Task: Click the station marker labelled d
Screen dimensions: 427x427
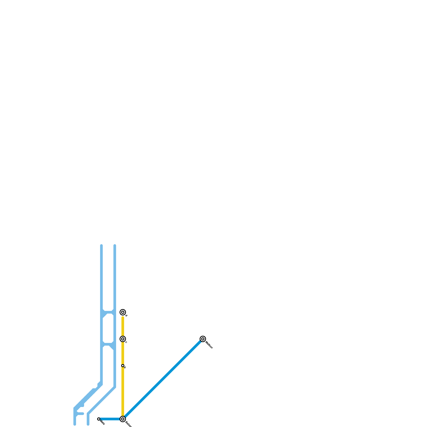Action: click(x=123, y=312)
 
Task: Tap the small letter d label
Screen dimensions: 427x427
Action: click(x=126, y=316)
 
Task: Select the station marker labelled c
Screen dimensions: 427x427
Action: click(x=123, y=339)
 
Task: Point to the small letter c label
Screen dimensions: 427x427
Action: click(x=126, y=342)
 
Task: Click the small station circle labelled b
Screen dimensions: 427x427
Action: click(x=123, y=366)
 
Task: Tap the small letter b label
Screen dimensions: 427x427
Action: click(x=125, y=368)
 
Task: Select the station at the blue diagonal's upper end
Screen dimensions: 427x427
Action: click(x=203, y=339)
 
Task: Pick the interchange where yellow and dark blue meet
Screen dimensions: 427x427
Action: click(x=123, y=419)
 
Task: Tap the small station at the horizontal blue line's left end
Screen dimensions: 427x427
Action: click(x=99, y=419)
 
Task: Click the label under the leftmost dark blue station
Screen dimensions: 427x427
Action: click(x=102, y=423)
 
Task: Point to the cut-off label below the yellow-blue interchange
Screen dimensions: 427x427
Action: click(x=128, y=424)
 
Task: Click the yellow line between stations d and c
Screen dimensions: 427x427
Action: click(x=123, y=326)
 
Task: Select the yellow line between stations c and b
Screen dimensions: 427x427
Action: click(x=123, y=352)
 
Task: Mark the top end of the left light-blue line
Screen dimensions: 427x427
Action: click(x=101, y=246)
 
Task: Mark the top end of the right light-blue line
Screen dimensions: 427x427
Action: click(x=115, y=246)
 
